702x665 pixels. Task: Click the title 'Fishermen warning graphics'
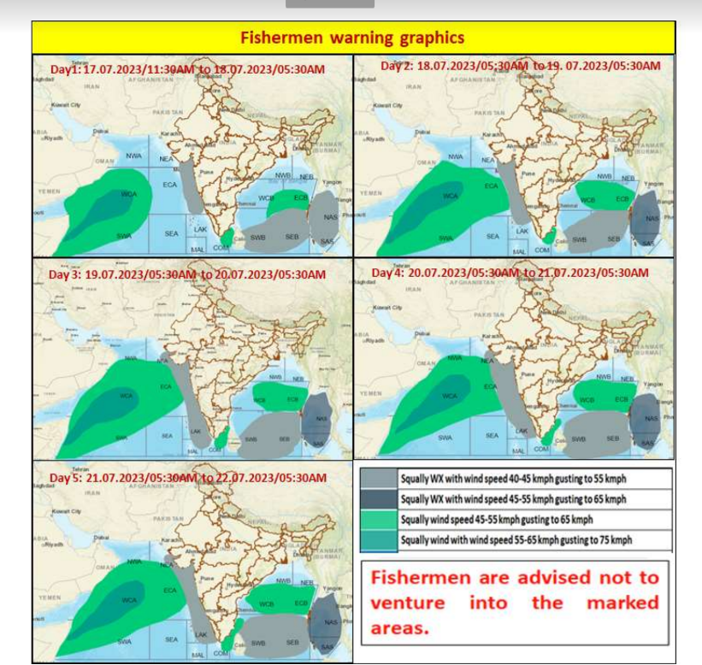(352, 38)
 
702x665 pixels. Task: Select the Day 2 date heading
(520, 66)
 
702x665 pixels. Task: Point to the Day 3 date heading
(186, 274)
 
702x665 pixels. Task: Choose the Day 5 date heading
(187, 477)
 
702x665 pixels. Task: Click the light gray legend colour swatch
(379, 479)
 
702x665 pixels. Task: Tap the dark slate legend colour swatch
(379, 499)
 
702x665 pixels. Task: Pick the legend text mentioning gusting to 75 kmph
(516, 539)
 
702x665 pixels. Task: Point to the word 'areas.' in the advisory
(398, 629)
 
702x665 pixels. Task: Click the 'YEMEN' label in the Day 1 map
(50, 191)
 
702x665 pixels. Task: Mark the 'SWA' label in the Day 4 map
(445, 437)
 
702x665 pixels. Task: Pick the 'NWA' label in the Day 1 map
(133, 156)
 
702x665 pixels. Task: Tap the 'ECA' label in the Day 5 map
(169, 590)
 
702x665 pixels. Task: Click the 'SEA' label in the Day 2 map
(493, 236)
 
